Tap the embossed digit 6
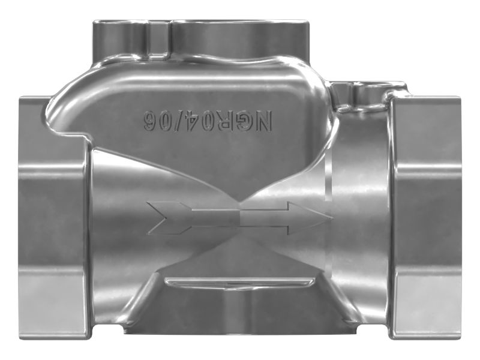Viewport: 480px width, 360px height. pyautogui.click(x=151, y=121)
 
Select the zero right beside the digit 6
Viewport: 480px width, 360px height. pyautogui.click(x=165, y=121)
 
